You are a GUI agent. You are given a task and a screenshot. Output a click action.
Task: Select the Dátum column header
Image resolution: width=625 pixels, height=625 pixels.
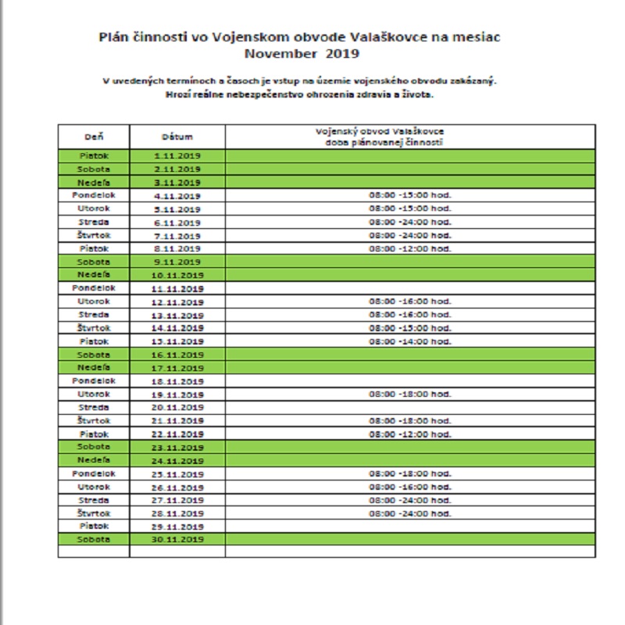[x=177, y=137]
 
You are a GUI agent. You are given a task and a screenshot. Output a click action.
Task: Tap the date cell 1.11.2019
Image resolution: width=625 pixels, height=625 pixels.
[x=177, y=156]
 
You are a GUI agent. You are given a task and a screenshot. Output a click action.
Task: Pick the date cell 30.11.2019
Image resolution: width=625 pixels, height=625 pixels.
[x=177, y=539]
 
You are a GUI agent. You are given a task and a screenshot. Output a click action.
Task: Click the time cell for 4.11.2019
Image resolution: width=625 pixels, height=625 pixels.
[x=411, y=195]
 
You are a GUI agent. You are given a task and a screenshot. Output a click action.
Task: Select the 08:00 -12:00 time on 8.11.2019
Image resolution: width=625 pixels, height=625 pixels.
[x=411, y=248]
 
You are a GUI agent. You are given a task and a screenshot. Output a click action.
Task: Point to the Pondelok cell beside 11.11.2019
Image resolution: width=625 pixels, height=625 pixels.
[x=94, y=288]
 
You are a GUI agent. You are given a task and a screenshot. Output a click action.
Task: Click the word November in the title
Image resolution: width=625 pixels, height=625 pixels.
[x=274, y=54]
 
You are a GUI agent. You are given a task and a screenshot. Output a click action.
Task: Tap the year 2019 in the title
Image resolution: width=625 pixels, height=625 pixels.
[x=341, y=54]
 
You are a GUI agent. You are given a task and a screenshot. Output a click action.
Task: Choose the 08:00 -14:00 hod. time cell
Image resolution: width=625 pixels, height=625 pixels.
[x=411, y=341]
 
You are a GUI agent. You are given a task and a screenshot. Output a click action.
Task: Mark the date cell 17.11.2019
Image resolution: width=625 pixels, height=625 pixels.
[x=177, y=368]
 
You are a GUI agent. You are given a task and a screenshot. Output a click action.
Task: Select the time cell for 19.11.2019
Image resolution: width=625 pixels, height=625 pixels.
[x=411, y=395]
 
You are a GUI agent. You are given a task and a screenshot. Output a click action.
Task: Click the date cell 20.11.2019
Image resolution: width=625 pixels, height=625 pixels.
[x=177, y=408]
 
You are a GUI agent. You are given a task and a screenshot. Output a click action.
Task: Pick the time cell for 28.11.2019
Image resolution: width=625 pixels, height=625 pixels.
[x=411, y=513]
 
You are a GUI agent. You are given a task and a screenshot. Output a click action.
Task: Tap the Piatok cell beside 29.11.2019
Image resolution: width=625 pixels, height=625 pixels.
[x=94, y=526]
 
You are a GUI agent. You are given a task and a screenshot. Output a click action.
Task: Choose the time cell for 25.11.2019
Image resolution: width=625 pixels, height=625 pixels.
[x=411, y=473]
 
